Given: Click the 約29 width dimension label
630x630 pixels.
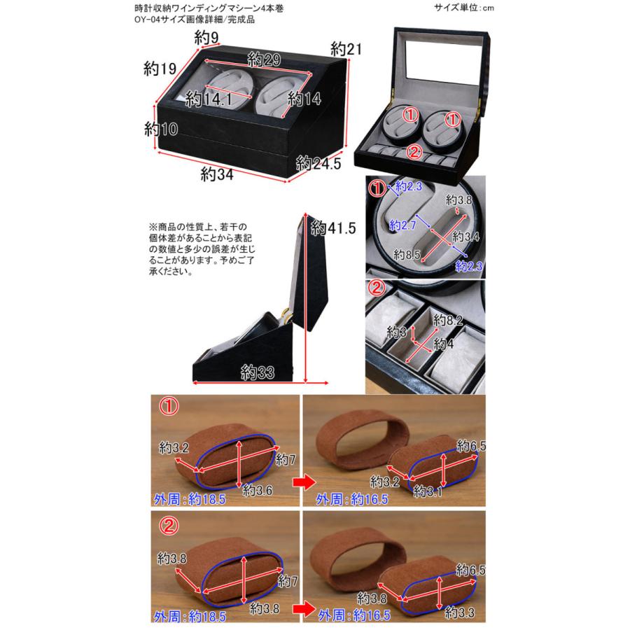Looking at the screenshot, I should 263,60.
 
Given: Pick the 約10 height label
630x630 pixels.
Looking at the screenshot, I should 160,129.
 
